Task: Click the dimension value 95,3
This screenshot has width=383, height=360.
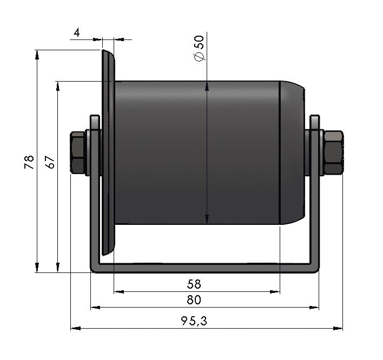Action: point(194,321)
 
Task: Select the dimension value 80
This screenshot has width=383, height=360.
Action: point(194,300)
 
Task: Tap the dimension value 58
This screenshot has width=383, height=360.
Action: point(194,284)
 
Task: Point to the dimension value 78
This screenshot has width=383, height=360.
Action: point(29,162)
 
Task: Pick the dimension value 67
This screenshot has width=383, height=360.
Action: point(50,162)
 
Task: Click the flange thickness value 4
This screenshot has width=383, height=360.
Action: point(77,32)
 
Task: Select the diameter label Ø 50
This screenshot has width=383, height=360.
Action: point(199,48)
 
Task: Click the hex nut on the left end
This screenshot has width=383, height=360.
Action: point(78,152)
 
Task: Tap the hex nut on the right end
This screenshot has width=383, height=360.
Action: point(333,152)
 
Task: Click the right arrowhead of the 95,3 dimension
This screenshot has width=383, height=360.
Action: point(338,329)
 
